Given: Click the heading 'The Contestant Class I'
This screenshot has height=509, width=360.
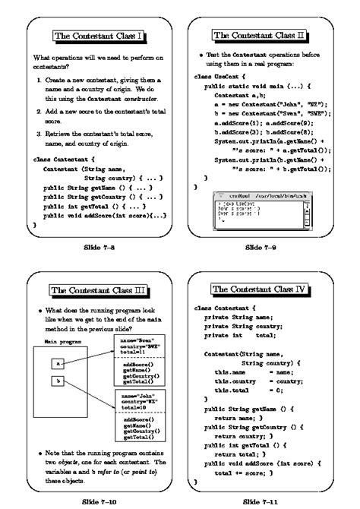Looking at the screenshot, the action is point(97,36).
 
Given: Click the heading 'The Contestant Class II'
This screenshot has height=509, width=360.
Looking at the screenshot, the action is point(260,36).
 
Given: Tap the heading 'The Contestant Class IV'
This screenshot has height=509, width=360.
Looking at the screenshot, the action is point(260,289).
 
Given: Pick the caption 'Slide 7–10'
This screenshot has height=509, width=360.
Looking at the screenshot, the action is point(97,502).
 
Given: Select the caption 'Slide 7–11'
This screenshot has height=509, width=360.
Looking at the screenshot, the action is point(260,502).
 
